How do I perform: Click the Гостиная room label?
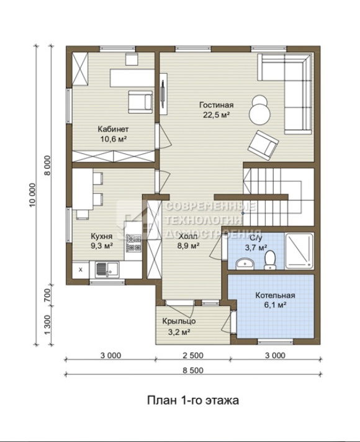coord(217,105)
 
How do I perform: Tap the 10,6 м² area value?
coord(114,139)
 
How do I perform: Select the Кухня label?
coord(102,236)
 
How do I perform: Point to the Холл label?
coord(188,237)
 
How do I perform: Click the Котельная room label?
coord(275,295)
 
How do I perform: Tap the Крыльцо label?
coord(179,321)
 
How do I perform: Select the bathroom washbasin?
coord(245,264)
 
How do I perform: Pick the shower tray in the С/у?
coord(299,251)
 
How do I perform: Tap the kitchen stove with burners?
coord(133,243)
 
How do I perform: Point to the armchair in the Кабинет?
coord(140,102)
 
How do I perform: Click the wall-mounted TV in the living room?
coord(163,94)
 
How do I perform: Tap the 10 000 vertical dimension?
coord(33,194)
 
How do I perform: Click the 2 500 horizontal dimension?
coord(193,356)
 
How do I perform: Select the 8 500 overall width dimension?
coord(193,371)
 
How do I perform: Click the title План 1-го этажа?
coord(193,400)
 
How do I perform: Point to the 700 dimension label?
coord(47,295)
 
